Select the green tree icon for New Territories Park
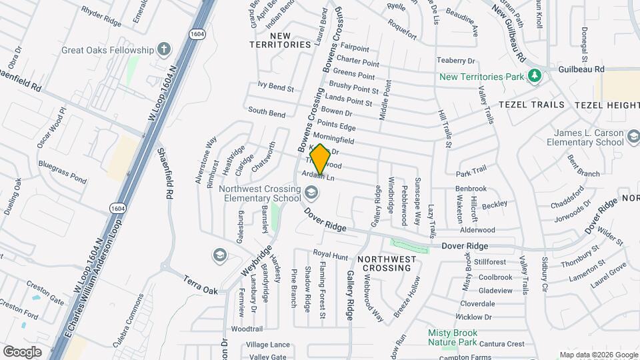click(x=533, y=77)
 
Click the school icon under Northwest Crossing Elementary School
click(x=310, y=193)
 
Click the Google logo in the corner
click(x=22, y=351)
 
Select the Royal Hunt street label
click(x=331, y=255)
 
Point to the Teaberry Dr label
click(x=455, y=61)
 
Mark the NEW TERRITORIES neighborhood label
click(x=281, y=39)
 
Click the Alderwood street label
click(x=477, y=229)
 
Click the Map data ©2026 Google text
click(x=598, y=355)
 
